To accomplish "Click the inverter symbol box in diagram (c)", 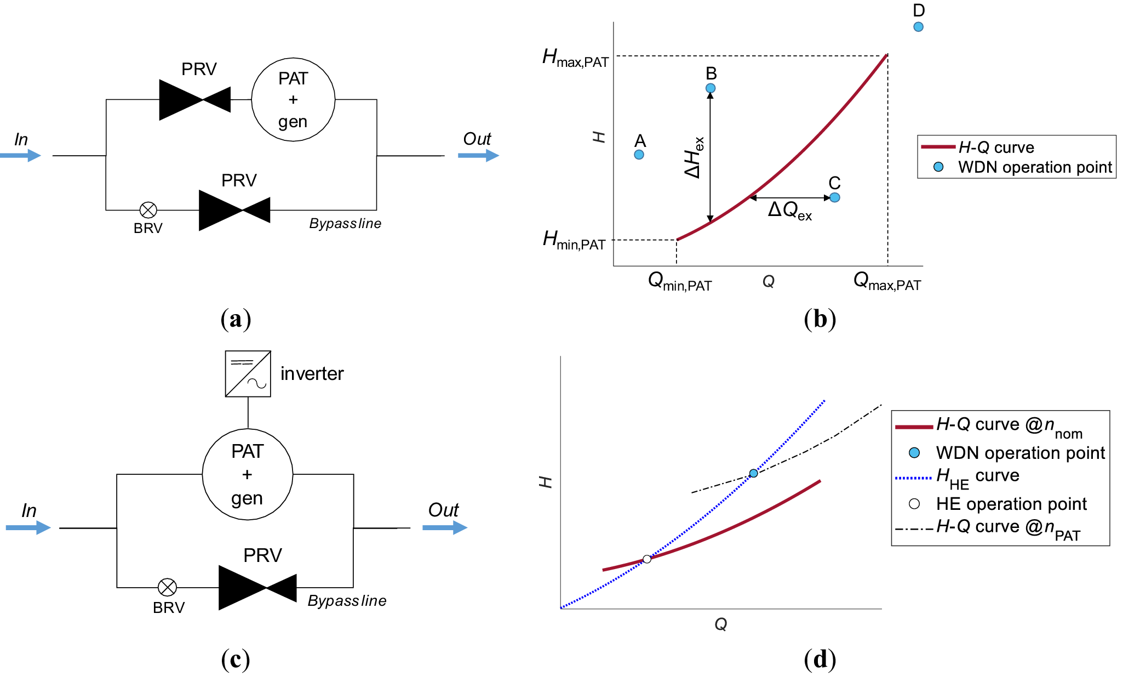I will coord(248,374).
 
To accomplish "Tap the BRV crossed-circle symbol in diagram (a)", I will coord(148,210).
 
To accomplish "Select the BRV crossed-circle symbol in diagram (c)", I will coord(167,587).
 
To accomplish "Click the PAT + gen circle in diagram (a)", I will coord(293,100).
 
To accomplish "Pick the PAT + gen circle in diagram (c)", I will coord(248,474).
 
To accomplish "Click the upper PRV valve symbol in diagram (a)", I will coord(195,100).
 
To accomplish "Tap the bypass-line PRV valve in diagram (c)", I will coord(257,588).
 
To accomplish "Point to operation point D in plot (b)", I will coord(919,27).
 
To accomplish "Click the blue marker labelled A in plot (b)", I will coord(639,155).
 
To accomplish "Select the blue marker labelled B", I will coord(711,88).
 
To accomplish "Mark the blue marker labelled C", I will coord(835,197).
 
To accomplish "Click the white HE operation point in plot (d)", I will coord(647,559).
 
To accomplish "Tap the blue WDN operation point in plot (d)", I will coord(753,473).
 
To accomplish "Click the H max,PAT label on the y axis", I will coord(575,58).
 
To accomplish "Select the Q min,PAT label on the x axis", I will coord(679,282).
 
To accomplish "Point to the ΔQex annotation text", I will coord(789,211).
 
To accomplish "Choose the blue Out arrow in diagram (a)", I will coord(478,156).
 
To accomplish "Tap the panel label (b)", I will coord(820,319).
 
